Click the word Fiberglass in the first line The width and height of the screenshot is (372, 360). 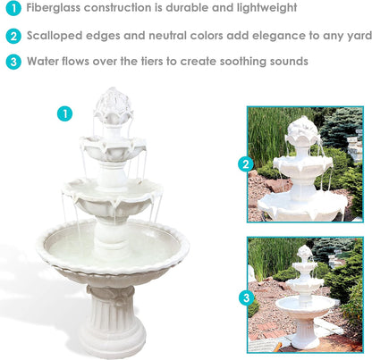57,9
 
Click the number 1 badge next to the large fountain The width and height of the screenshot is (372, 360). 64,113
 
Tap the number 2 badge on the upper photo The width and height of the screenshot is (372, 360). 246,163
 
